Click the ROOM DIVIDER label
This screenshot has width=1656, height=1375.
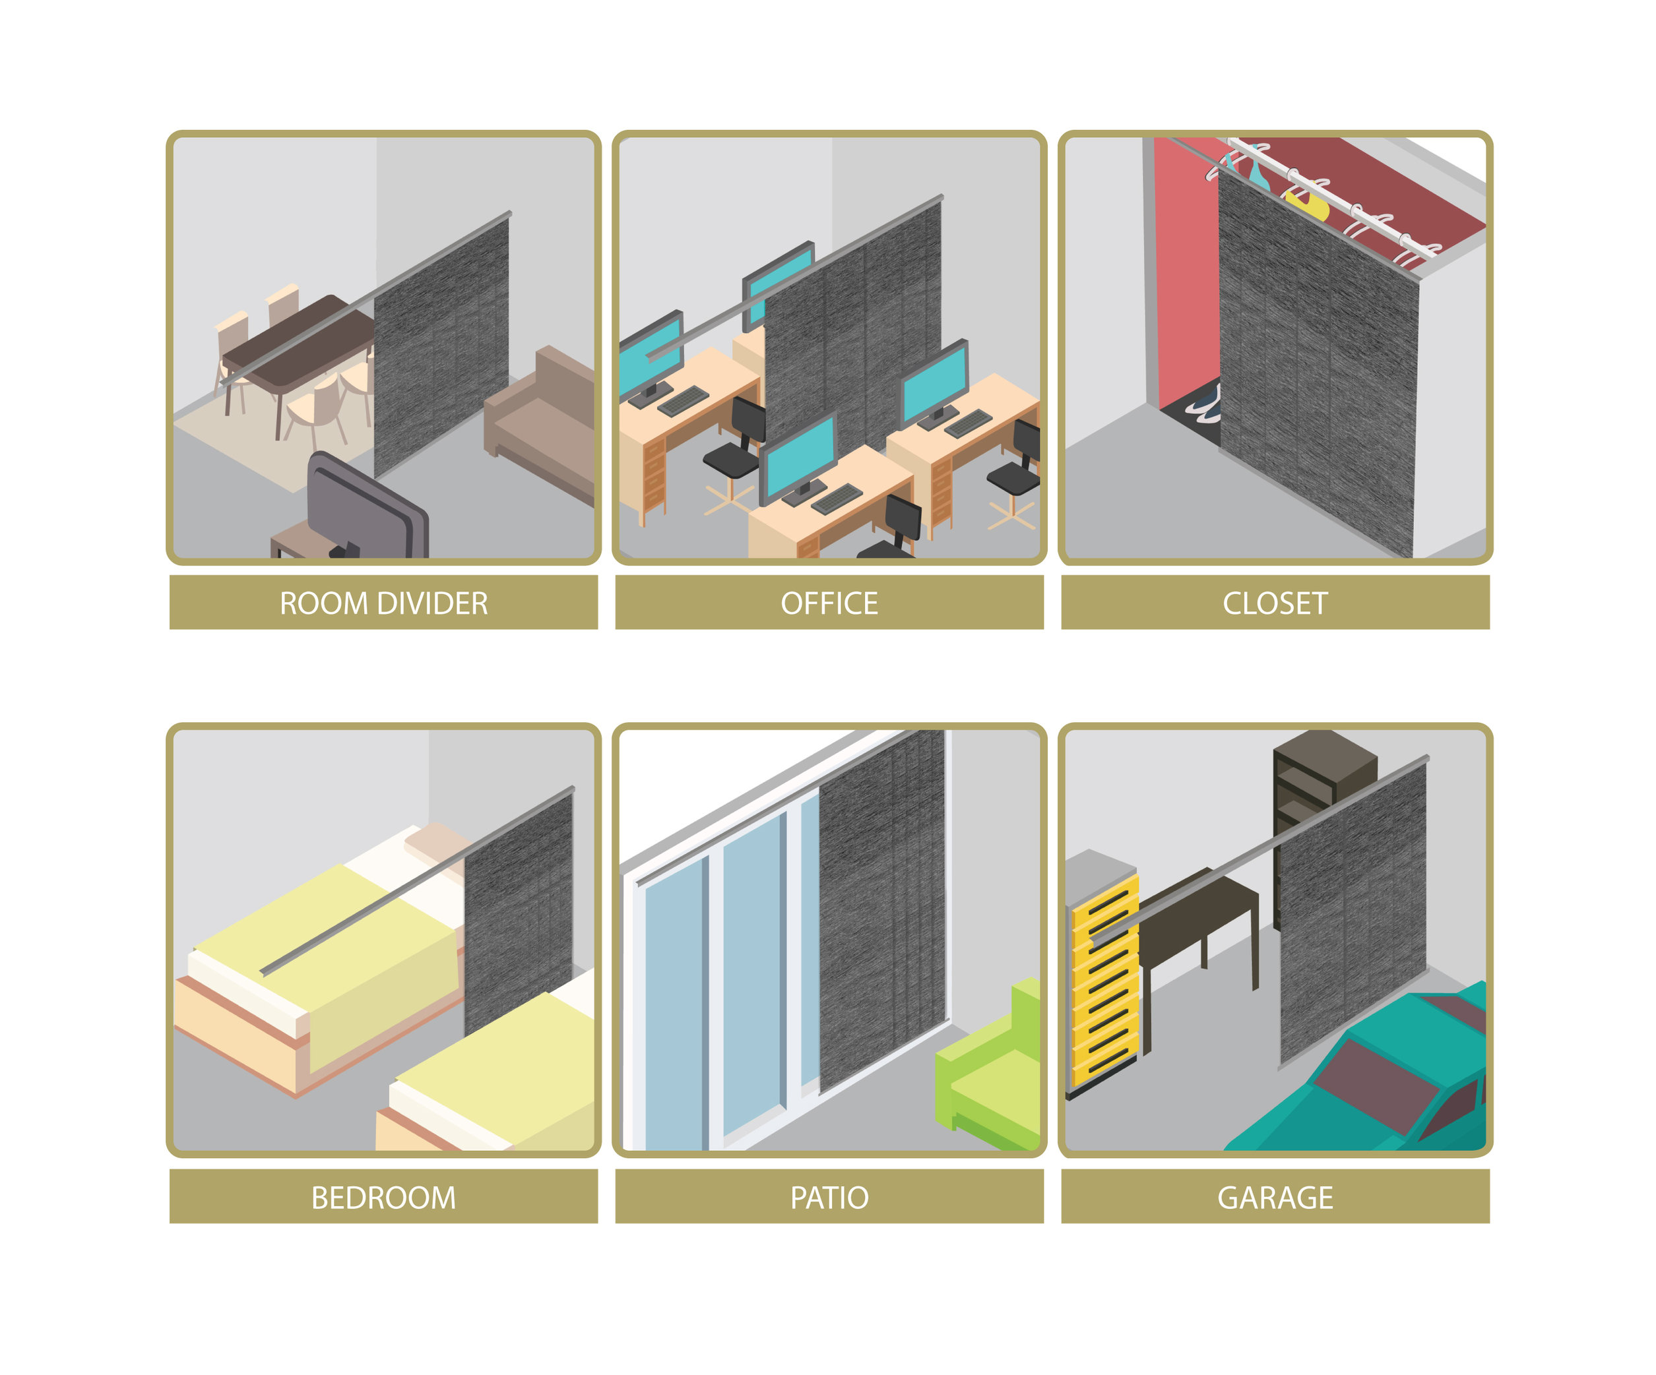point(383,603)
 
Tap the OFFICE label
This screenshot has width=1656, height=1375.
point(829,603)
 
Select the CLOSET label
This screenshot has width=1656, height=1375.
point(1275,603)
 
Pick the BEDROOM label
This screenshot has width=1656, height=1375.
point(383,1198)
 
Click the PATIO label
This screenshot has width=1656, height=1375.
point(829,1198)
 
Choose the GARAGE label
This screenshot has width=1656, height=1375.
point(1275,1198)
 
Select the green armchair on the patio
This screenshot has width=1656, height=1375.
point(990,1068)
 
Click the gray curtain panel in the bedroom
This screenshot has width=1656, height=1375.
point(518,915)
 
